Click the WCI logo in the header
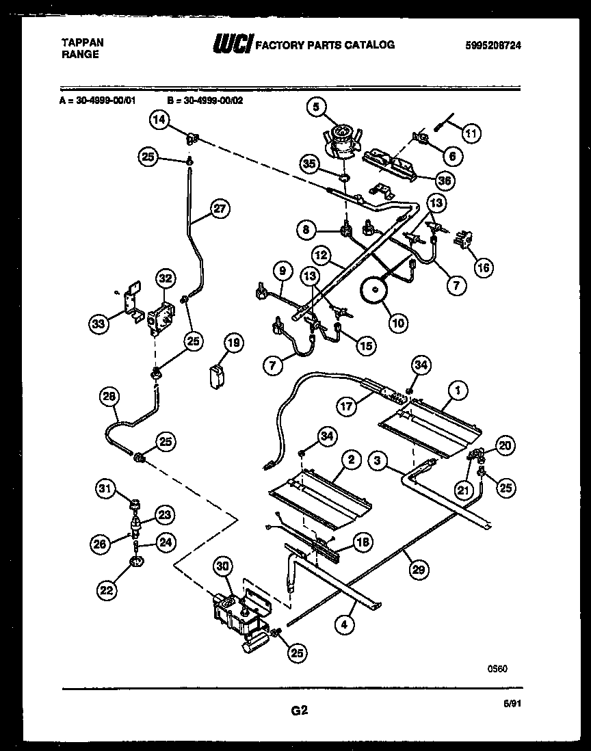[233, 46]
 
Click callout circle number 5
[317, 106]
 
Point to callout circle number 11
[470, 133]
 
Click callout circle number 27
[219, 209]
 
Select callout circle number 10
[395, 323]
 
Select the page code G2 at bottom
[299, 711]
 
